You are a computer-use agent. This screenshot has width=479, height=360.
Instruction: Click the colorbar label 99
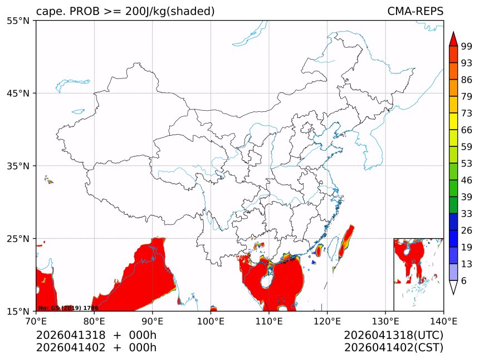[467, 46]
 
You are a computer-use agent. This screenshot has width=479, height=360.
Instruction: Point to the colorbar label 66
[467, 130]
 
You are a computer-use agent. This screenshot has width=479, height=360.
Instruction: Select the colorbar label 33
[467, 214]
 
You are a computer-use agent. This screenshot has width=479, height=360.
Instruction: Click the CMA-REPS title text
[415, 11]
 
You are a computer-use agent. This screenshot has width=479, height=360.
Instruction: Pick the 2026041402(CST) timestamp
[393, 348]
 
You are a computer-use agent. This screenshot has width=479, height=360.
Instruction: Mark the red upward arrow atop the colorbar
[453, 39]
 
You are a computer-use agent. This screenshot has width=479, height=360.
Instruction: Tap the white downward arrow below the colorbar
[453, 287]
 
